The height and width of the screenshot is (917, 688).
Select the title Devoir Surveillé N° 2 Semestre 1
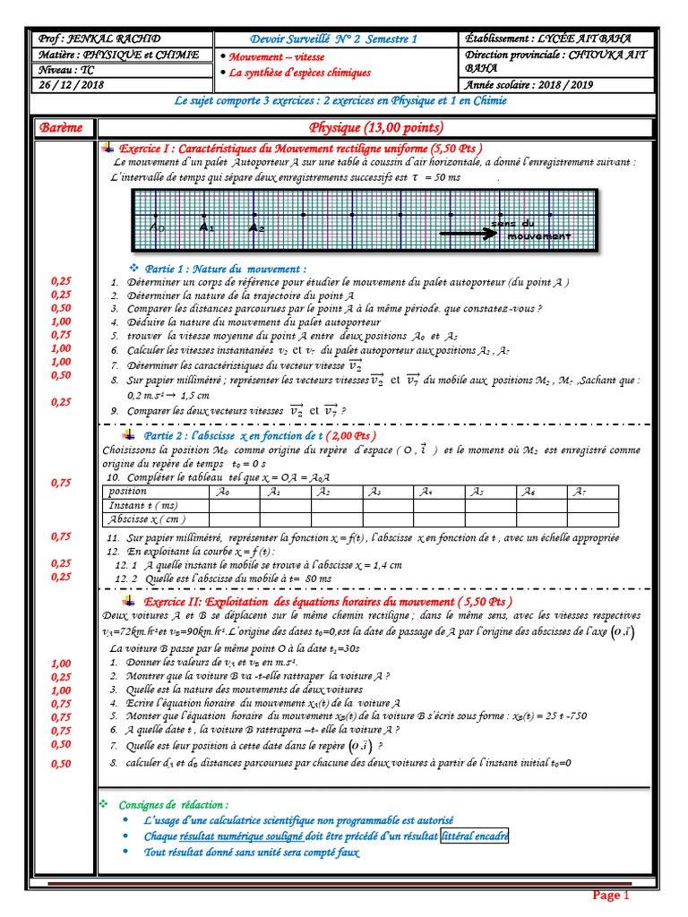(334, 39)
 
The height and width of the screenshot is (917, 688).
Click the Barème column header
(61, 128)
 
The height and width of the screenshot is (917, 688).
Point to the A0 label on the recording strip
(158, 228)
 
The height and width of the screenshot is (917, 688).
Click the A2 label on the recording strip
(257, 228)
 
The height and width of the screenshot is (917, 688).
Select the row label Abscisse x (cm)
(146, 518)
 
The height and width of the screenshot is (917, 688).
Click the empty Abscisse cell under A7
(592, 518)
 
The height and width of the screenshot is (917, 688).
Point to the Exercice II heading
(329, 602)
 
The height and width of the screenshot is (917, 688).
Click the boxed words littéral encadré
(474, 836)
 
